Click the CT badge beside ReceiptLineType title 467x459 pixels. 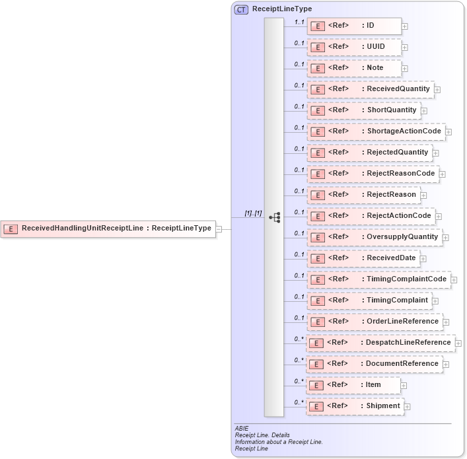[x=242, y=9]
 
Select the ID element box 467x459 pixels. [x=354, y=26]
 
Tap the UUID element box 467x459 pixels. [x=354, y=47]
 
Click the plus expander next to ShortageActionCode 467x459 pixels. [x=449, y=132]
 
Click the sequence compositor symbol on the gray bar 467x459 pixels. [x=275, y=217]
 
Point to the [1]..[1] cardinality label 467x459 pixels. [x=254, y=213]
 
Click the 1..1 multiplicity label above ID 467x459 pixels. [x=299, y=22]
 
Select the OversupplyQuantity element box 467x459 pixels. [x=374, y=237]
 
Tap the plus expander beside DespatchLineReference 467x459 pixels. [x=458, y=343]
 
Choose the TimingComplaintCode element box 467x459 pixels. [x=378, y=279]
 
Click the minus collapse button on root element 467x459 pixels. [x=219, y=229]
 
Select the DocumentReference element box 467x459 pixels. [x=374, y=364]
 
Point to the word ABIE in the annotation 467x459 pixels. [x=242, y=429]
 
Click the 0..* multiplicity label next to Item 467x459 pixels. [x=299, y=381]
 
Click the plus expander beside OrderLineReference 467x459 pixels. [x=447, y=322]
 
